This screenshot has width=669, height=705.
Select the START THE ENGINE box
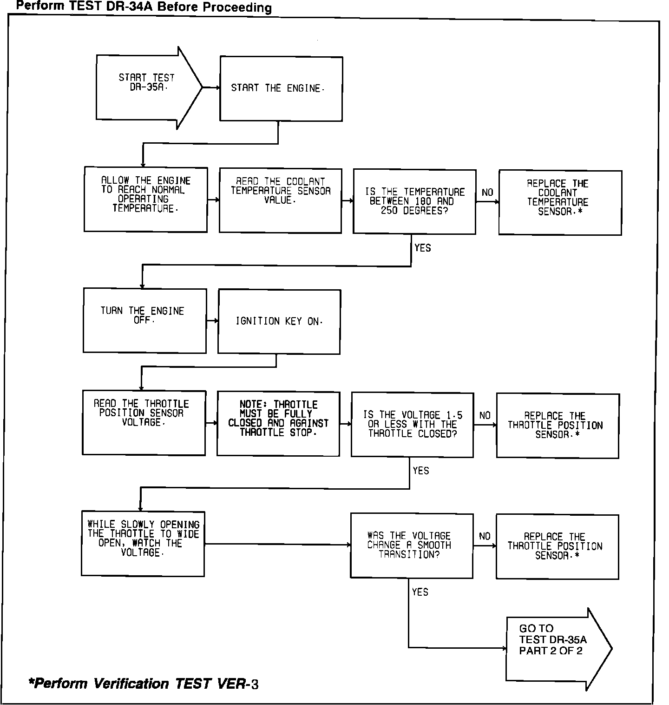pos(281,88)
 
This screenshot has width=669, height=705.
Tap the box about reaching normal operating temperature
pos(145,199)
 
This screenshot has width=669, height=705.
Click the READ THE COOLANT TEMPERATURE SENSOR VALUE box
pos(280,200)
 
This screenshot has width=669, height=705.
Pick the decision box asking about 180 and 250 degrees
pos(414,201)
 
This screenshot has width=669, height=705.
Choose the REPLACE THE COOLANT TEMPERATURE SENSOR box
pos(560,202)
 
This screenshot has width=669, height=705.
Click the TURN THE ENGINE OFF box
pos(144,320)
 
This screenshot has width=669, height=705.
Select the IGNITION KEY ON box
pos(279,321)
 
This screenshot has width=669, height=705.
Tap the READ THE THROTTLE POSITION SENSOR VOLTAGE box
pos(144,422)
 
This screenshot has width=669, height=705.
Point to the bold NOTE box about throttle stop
pos(278,423)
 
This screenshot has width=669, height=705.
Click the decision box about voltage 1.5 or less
pos(412,424)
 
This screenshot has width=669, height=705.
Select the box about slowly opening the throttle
pos(143,543)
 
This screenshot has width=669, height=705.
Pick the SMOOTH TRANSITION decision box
pos(412,545)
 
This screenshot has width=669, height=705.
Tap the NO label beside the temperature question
pos(487,193)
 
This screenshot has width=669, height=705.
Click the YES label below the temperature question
pos(422,248)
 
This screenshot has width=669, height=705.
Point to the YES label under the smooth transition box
pos(420,592)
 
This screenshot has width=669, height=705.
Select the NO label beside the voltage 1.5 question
pos(485,415)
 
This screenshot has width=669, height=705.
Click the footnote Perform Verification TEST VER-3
pos(144,683)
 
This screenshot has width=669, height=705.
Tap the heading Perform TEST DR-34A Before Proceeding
pos(144,7)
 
